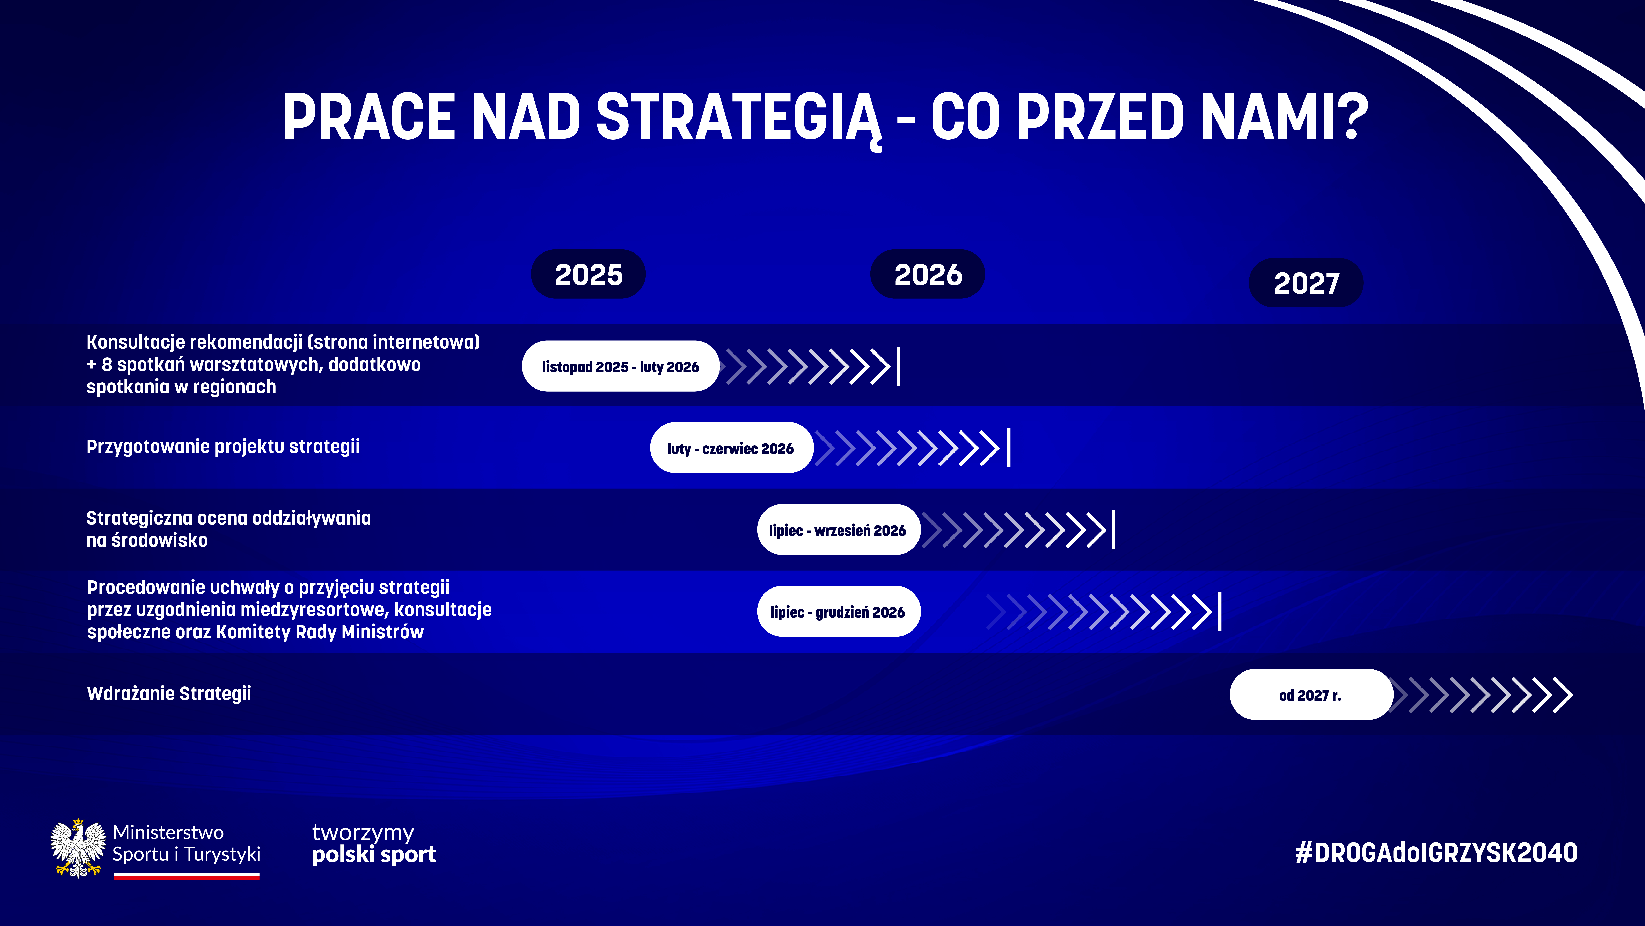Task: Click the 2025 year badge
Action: point(588,274)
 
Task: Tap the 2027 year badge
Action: point(1306,283)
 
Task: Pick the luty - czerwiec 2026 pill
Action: point(731,448)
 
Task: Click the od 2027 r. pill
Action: point(1311,695)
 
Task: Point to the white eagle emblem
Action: point(78,848)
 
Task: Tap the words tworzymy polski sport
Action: point(374,843)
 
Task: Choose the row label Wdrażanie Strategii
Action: point(169,693)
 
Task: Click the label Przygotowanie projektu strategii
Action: point(223,447)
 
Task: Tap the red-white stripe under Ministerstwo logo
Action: point(187,877)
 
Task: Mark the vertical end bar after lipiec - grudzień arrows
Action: point(1220,612)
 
